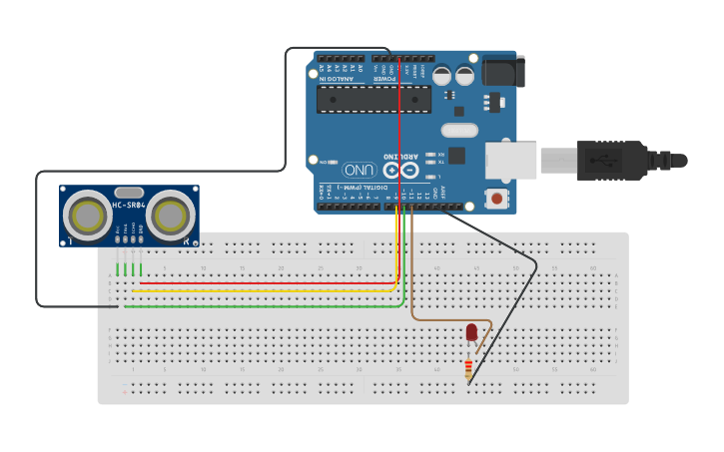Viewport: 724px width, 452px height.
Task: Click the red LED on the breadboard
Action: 471,332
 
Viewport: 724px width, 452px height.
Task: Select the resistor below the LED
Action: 468,370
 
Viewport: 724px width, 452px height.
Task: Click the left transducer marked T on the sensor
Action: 88,214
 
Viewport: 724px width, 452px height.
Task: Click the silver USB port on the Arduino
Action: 510,159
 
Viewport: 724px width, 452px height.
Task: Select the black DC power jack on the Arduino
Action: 501,70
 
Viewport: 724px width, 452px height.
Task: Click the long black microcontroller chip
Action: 373,99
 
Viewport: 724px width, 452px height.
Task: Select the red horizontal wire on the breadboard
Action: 265,282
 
